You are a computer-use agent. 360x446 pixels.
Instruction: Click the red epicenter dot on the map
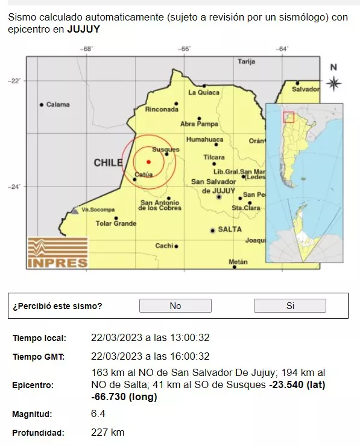(148, 161)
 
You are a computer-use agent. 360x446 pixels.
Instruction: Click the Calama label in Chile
(58, 104)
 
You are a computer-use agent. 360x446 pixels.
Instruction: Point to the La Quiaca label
(203, 92)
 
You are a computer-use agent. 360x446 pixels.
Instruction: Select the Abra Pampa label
(199, 124)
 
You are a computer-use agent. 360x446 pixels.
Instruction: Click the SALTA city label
(229, 229)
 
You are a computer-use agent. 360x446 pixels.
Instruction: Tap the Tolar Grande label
(116, 223)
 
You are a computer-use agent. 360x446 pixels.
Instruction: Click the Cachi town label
(164, 246)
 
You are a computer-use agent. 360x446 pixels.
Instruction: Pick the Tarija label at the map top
(247, 62)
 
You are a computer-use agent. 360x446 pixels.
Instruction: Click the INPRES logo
(57, 252)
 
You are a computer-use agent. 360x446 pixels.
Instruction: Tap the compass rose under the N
(333, 83)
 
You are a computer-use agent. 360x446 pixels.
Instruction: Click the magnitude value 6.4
(98, 415)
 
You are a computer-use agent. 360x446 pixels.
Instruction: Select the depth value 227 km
(108, 432)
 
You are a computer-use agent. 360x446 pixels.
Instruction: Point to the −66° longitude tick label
(184, 49)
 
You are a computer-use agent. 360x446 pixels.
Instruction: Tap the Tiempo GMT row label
(39, 356)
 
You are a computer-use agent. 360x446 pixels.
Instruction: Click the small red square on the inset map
(288, 117)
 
